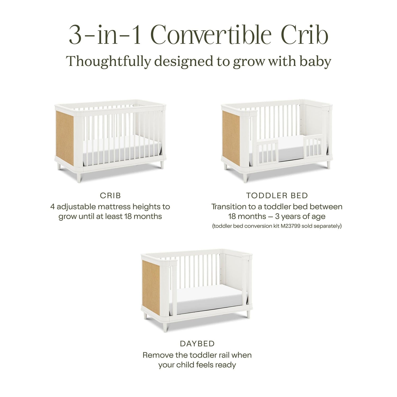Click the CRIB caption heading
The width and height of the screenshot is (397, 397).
click(x=110, y=196)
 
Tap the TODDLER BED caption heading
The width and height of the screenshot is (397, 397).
click(x=277, y=196)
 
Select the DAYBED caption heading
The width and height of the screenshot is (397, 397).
click(x=197, y=344)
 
